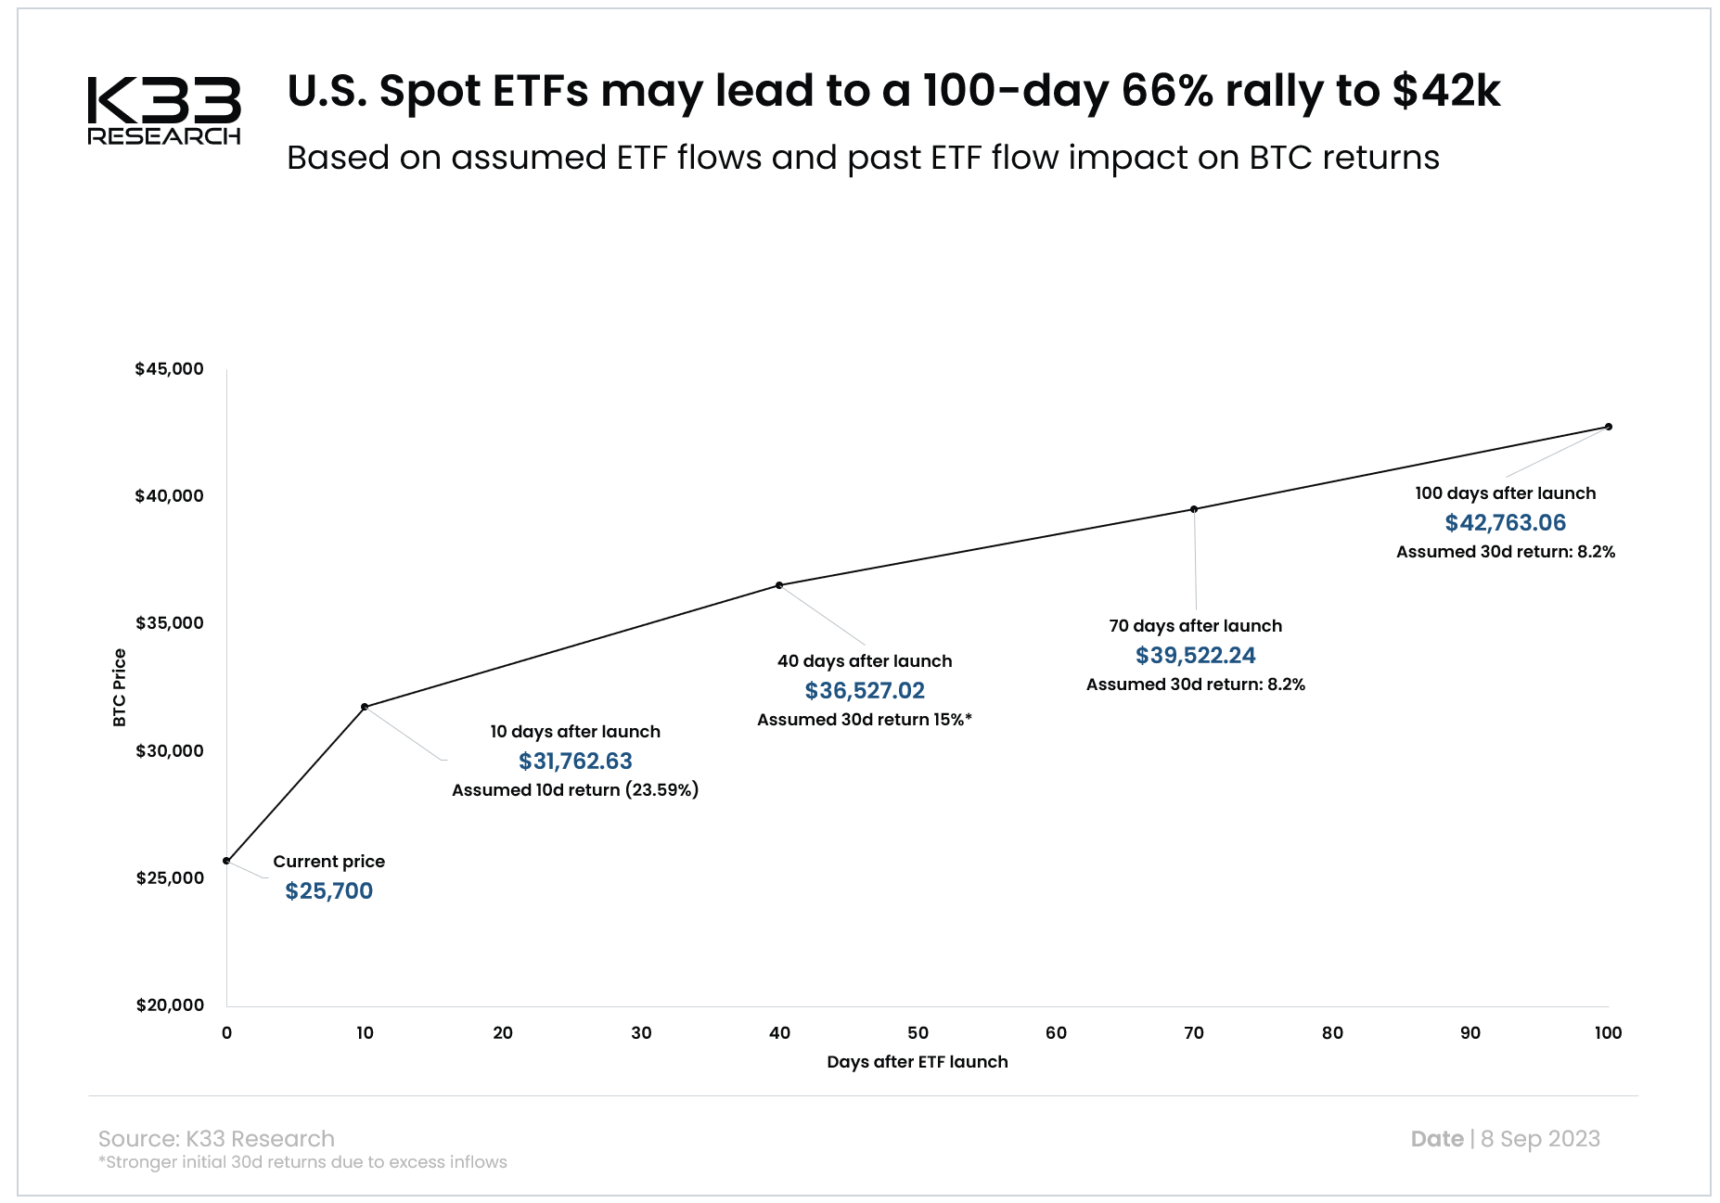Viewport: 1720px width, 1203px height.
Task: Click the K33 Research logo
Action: coord(164,110)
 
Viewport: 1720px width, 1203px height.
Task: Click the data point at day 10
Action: coord(365,707)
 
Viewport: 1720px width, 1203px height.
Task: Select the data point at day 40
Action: coord(779,585)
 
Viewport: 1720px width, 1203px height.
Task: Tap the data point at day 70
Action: coord(1194,509)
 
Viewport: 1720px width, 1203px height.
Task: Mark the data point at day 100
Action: coord(1609,427)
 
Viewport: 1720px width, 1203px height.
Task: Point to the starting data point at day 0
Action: coord(226,861)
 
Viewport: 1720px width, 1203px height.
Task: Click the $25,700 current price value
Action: coord(328,891)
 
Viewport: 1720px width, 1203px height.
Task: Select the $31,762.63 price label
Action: coord(575,761)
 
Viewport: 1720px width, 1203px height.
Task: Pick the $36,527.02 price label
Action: coord(865,691)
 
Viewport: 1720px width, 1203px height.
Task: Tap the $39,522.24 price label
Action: coord(1195,656)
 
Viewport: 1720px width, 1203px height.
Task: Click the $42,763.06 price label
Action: coord(1505,523)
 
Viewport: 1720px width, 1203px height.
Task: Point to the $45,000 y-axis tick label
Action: coord(169,369)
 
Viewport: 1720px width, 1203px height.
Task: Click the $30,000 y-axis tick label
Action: coord(169,751)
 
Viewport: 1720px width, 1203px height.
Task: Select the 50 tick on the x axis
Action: coord(918,1033)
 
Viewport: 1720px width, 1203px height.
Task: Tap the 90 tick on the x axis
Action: coord(1470,1033)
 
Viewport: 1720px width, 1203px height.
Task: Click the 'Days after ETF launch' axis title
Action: coord(917,1062)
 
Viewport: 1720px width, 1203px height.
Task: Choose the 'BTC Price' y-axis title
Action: coord(119,687)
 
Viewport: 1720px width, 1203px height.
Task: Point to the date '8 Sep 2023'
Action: coord(1540,1139)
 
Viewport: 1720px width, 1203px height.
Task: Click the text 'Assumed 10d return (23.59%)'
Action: coord(575,790)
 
